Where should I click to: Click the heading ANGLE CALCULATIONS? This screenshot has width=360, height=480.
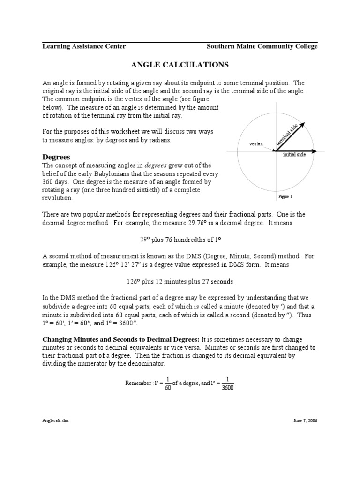coord(180,64)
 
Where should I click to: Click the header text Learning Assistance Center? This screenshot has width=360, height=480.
coord(84,46)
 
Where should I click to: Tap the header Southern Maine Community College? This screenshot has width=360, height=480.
coord(262,46)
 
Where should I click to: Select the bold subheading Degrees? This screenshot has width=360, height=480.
coord(56,157)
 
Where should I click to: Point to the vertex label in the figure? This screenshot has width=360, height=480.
coord(256,143)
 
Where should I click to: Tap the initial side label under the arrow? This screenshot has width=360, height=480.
coord(294,155)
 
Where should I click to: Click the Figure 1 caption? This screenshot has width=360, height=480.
coord(285,197)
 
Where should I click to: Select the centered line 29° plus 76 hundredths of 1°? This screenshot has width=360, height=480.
coord(180,239)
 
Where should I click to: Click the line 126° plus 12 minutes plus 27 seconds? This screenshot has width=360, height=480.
coord(180,282)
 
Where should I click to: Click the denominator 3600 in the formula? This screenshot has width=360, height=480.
coord(227,387)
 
